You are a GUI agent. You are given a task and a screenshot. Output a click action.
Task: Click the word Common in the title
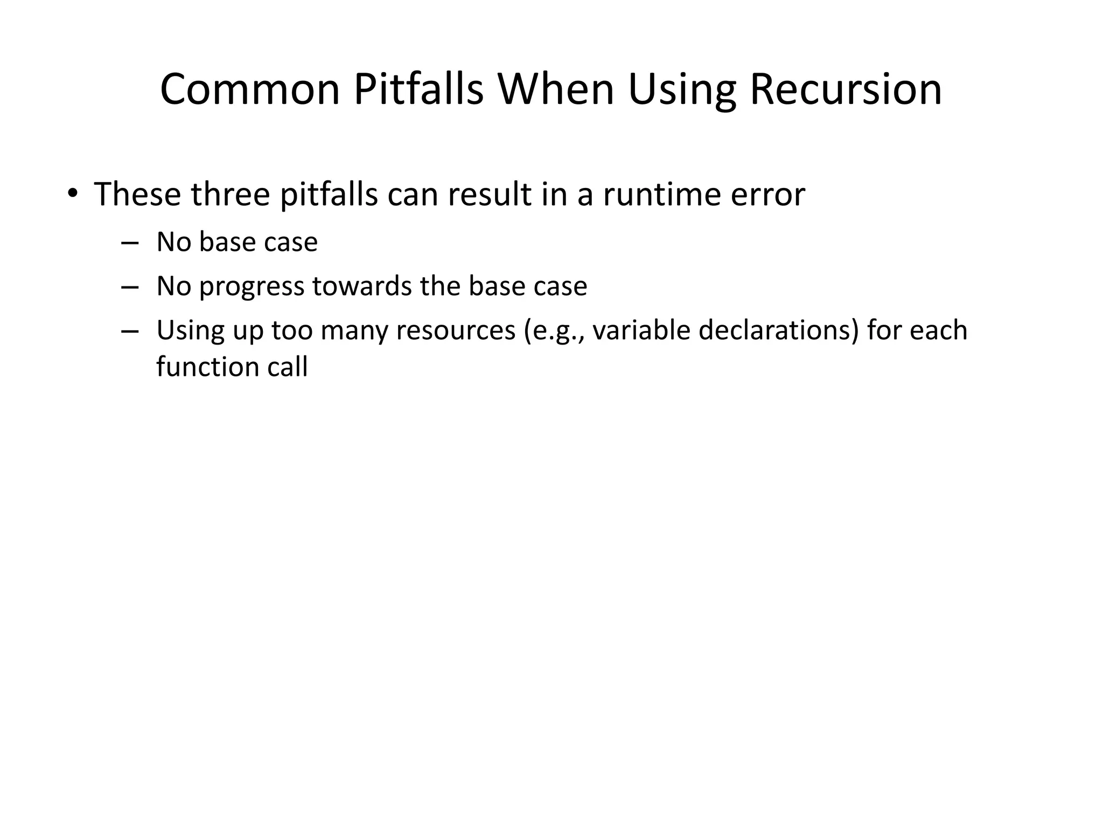(x=250, y=89)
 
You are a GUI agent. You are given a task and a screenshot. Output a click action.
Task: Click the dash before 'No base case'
(x=130, y=243)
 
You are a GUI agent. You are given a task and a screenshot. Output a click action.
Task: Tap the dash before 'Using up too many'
(x=130, y=331)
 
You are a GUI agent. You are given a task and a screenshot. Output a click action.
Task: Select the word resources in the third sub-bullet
(x=456, y=331)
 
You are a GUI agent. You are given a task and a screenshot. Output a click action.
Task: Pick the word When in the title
(x=556, y=89)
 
